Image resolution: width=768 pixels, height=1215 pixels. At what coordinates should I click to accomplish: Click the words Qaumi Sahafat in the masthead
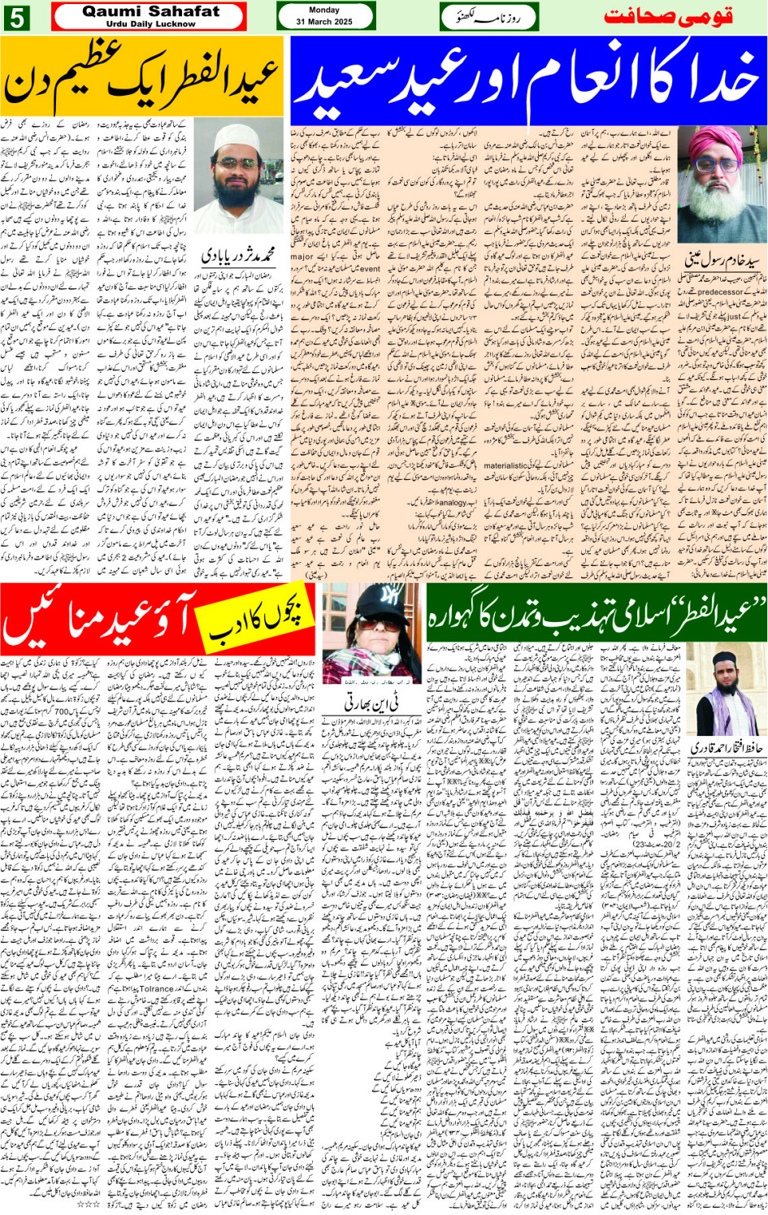(x=151, y=11)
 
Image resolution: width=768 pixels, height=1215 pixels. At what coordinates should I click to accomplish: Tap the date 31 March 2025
(x=324, y=22)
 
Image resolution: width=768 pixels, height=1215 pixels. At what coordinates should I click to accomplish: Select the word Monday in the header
(x=324, y=11)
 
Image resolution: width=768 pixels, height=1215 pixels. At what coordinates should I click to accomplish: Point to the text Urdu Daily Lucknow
(x=151, y=24)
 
